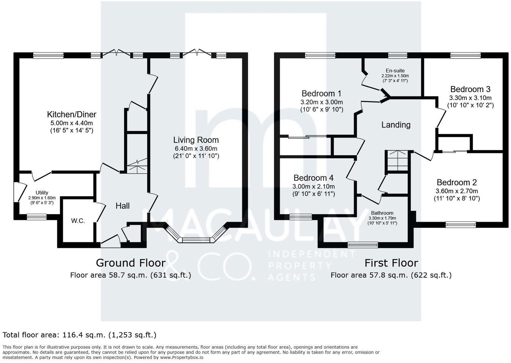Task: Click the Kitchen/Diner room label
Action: pos(72,114)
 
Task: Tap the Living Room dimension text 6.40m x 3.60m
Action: pos(196,148)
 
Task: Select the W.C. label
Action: pos(78,221)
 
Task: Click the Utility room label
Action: pos(42,193)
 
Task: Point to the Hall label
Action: pos(122,206)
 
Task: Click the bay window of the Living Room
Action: pos(196,240)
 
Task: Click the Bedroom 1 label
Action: pos(321,93)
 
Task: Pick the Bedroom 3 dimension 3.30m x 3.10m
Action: pos(470,98)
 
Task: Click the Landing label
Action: pos(396,125)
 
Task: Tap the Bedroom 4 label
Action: pos(313,177)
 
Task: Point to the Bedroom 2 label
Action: pos(457,182)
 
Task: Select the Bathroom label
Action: pos(382,213)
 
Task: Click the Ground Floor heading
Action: pos(130,263)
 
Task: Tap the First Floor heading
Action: pos(391,263)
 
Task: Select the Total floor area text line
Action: pos(79,335)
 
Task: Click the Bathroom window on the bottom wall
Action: pos(362,245)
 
